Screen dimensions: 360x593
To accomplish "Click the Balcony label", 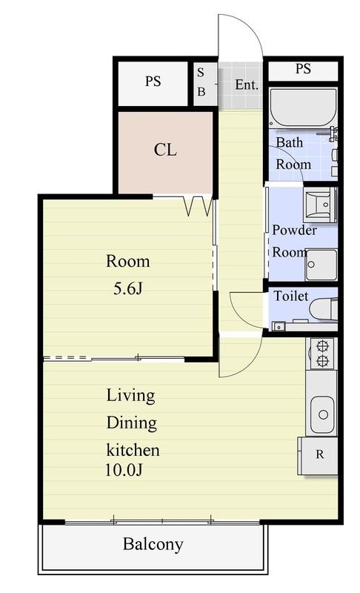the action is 153,544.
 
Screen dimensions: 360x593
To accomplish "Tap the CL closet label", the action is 165,150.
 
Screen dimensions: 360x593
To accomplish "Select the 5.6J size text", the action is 127,289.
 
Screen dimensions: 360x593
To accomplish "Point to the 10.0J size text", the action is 124,470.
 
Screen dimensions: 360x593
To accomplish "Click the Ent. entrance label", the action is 247,85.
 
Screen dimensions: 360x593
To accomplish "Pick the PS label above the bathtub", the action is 303,69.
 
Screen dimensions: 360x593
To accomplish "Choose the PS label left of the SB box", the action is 153,82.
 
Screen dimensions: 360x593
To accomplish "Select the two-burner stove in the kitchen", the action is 322,354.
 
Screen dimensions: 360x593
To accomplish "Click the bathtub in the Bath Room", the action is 303,107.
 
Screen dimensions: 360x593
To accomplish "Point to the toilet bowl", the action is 324,309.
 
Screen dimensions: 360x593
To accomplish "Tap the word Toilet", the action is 291,296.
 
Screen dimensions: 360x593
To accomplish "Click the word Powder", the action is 294,231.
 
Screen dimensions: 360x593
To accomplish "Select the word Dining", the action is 131,423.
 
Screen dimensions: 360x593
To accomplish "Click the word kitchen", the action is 133,450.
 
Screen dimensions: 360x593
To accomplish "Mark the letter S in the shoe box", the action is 201,73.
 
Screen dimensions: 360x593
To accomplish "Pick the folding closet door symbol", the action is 198,206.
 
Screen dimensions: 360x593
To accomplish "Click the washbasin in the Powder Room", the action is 320,205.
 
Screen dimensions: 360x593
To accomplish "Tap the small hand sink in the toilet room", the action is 279,326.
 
